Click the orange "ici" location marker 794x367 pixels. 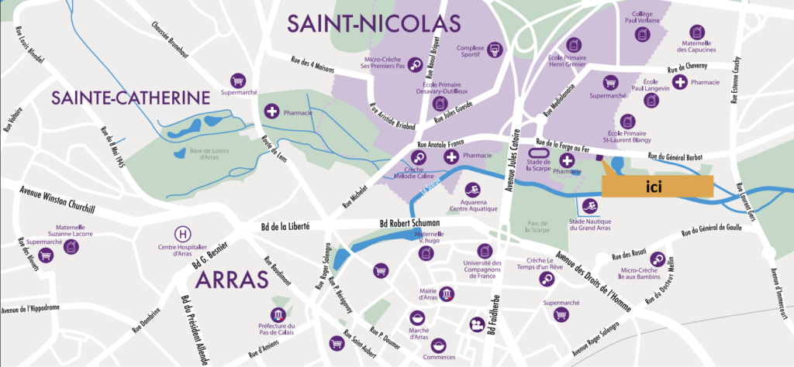[657, 187]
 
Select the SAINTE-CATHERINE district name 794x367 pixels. [130, 98]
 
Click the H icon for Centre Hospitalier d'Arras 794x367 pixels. [183, 234]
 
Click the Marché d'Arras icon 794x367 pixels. [419, 318]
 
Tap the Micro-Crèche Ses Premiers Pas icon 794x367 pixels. [416, 65]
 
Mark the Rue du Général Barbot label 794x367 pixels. [671, 157]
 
